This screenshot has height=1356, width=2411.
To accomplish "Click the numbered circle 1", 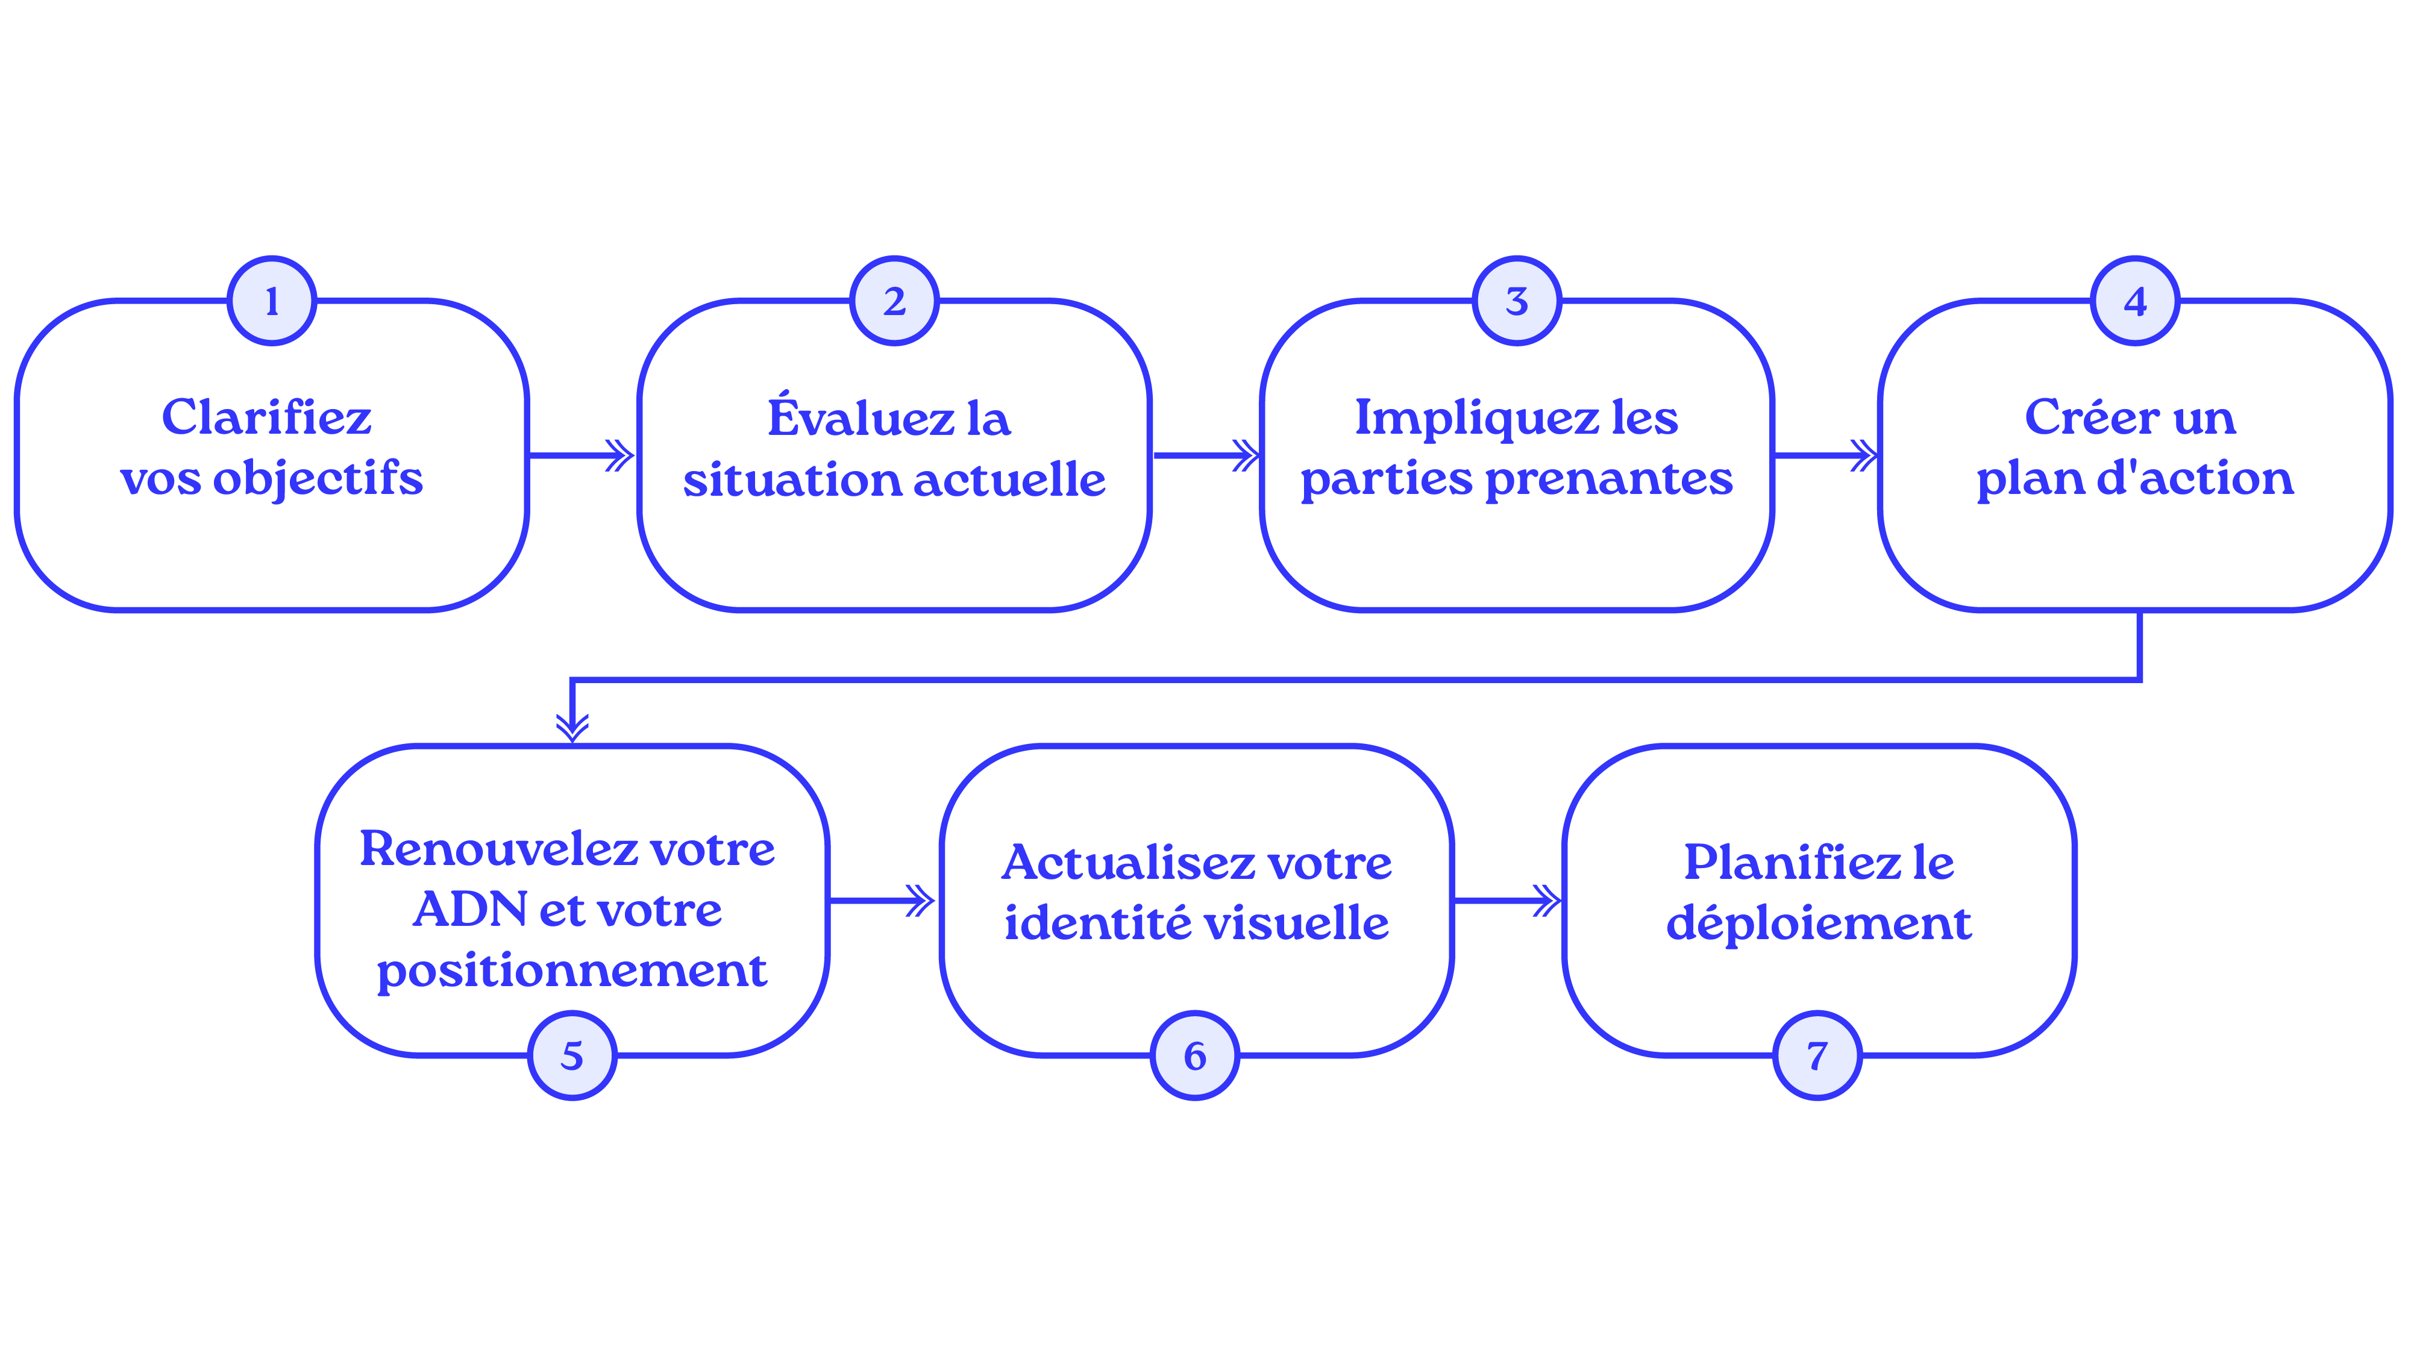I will (271, 301).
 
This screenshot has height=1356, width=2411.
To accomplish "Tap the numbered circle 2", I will (894, 301).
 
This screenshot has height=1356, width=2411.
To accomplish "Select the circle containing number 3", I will (1516, 301).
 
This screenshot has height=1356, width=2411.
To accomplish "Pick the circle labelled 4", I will (2135, 301).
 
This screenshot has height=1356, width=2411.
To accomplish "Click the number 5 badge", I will (572, 1055).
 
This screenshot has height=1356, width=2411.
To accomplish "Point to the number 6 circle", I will (1194, 1055).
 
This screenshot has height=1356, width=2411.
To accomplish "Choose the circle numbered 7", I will (1817, 1055).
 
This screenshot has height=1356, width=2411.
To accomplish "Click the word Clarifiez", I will (267, 417).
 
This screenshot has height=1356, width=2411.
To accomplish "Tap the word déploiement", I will (1819, 923).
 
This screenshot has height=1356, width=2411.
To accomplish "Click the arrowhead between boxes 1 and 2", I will (619, 456).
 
